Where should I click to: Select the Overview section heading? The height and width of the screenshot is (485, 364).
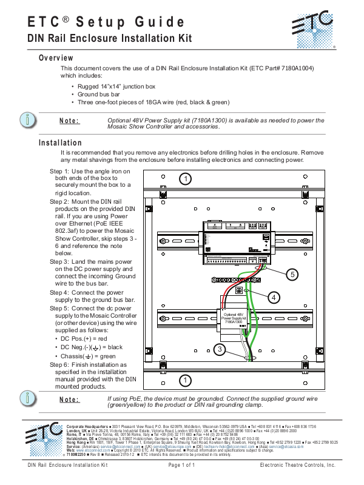point(56,58)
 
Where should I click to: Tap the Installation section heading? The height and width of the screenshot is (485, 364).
point(60,143)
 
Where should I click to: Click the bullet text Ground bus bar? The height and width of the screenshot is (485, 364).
point(98,95)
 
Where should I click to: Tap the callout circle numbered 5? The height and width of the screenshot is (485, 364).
point(292,275)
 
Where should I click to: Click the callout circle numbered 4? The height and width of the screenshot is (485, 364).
point(274,297)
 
